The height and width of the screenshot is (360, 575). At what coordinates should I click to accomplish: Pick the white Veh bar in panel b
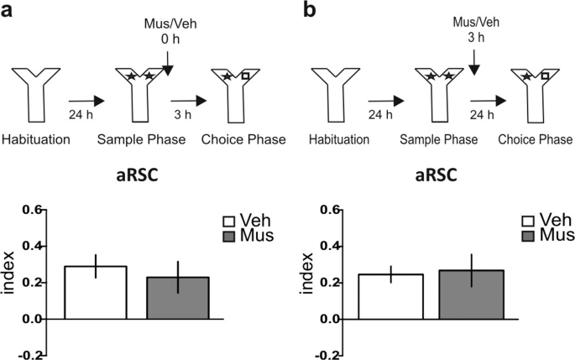[389, 296]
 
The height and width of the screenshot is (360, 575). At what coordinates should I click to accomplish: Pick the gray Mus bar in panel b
[473, 295]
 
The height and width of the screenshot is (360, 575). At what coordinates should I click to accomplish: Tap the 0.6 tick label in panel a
[33, 210]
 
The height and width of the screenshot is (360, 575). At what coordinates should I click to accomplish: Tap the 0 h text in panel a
[170, 39]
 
